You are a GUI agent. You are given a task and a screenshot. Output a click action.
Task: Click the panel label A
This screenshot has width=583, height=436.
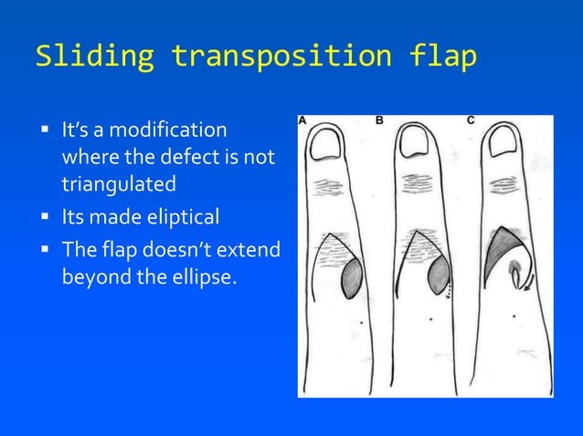pos(302,120)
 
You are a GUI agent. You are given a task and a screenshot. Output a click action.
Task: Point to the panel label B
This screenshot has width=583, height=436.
pos(380,120)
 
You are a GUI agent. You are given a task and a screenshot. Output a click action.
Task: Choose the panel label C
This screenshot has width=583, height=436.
pos(470,120)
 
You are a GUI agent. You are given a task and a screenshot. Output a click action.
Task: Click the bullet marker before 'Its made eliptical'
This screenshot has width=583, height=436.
pos(44,218)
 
